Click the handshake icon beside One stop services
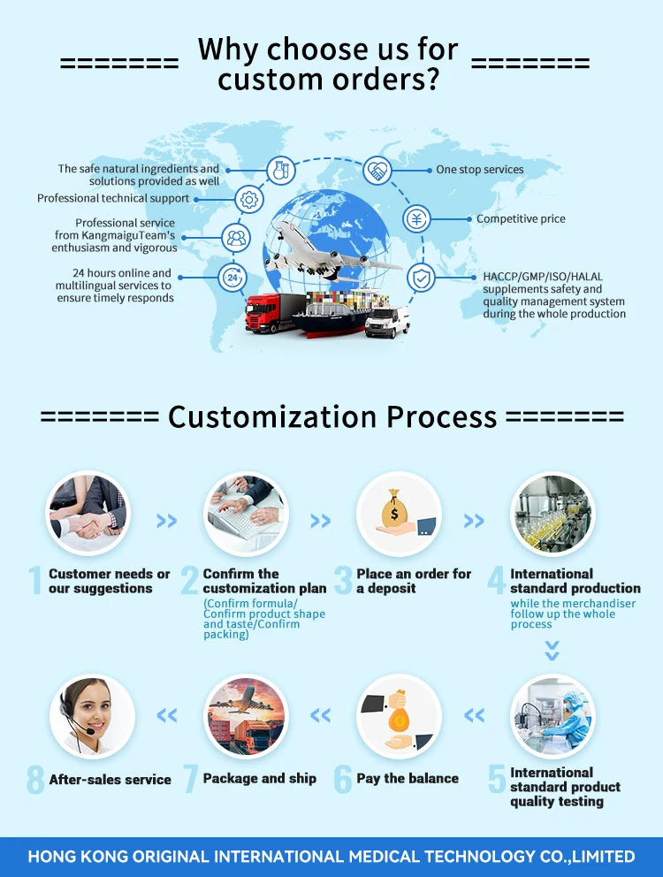tap(377, 170)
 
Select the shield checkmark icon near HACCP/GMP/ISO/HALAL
tap(421, 278)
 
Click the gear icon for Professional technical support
tap(249, 200)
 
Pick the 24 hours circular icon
tap(232, 278)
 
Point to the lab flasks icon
tap(282, 169)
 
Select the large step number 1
tap(35, 581)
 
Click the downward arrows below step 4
tap(552, 652)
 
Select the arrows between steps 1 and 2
tap(166, 522)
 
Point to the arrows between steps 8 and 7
tap(166, 715)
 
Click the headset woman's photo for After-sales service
tap(92, 715)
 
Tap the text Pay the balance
tap(408, 779)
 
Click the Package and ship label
tap(260, 779)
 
